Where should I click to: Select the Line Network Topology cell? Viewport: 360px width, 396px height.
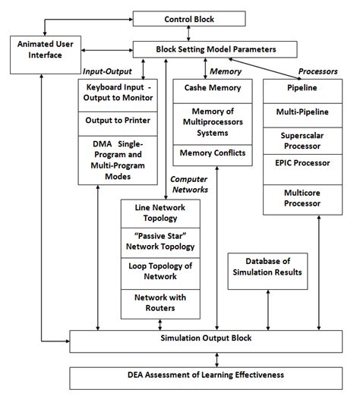tap(159, 212)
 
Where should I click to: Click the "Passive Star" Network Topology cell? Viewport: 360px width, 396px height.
tap(159, 241)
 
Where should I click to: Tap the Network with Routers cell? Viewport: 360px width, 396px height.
tap(159, 303)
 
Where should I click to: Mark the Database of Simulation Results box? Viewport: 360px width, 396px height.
tap(268, 268)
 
